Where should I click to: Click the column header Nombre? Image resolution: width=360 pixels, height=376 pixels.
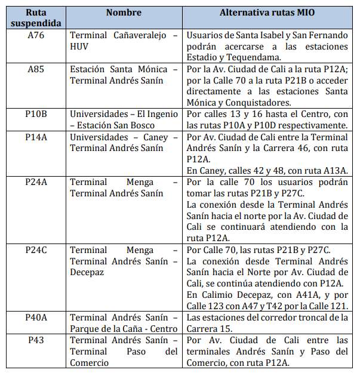124,12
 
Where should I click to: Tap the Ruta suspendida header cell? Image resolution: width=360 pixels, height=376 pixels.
35,17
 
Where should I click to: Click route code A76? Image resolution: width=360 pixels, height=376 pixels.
35,35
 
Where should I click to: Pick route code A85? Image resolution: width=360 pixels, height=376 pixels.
35,69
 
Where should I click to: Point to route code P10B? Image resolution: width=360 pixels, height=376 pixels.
35,113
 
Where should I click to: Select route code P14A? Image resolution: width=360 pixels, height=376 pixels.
35,137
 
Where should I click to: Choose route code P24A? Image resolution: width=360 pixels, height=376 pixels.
35,182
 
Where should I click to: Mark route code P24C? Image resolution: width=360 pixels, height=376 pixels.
35,249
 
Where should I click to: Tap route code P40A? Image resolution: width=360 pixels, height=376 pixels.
35,318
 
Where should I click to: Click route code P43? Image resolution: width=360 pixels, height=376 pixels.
35,340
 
